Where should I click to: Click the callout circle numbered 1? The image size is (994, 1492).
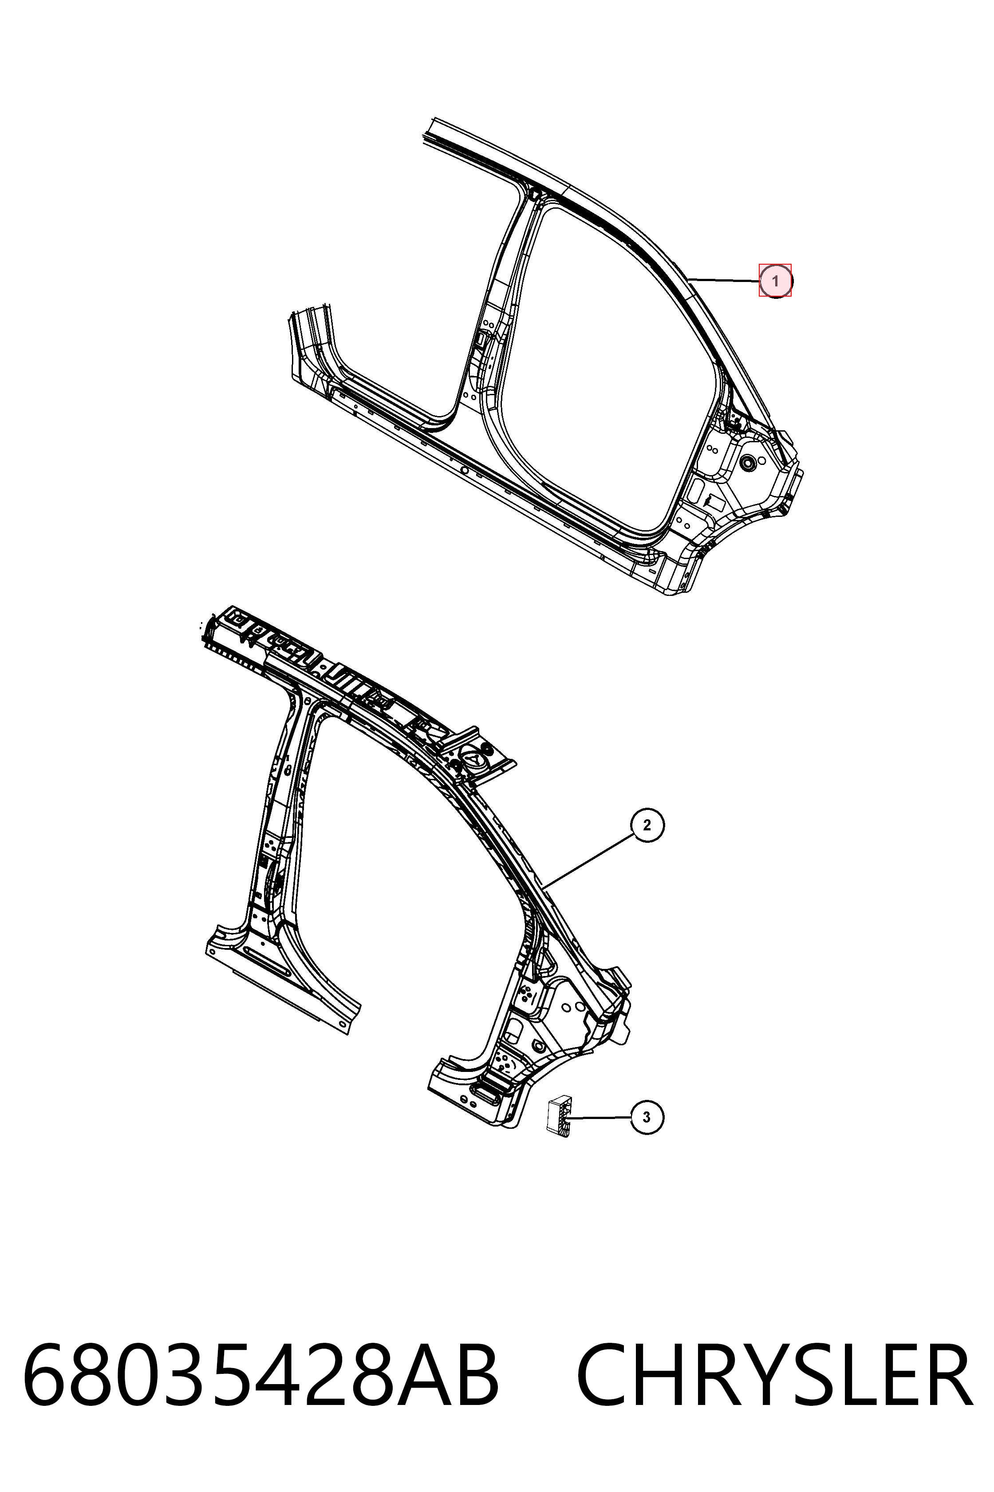click(775, 280)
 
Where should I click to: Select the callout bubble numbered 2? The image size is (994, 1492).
click(647, 825)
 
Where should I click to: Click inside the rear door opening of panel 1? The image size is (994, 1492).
click(602, 368)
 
